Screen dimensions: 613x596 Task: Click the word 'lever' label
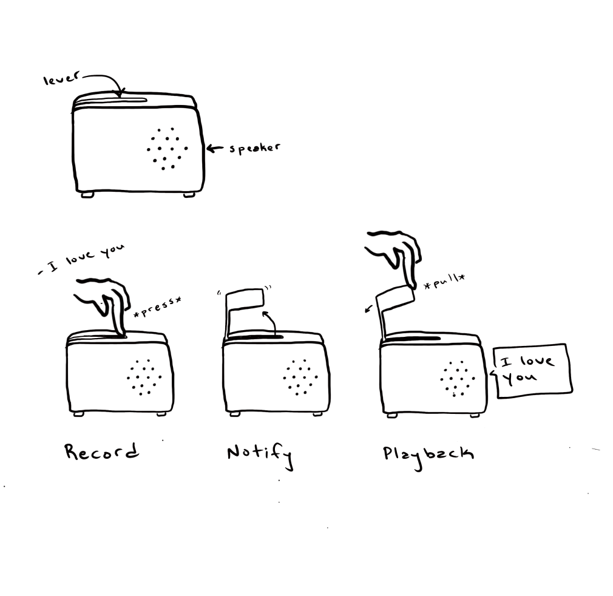click(61, 78)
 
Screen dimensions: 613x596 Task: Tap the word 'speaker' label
click(254, 148)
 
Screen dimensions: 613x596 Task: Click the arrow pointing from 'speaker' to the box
click(215, 149)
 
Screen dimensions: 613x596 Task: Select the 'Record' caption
click(101, 452)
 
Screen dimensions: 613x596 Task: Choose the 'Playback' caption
click(428, 456)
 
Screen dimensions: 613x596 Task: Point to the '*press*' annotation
click(158, 306)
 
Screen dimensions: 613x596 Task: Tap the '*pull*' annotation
click(444, 281)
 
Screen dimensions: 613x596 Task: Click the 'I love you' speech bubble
click(532, 370)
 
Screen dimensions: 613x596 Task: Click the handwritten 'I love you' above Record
click(82, 259)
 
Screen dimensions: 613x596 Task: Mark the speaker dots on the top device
click(167, 149)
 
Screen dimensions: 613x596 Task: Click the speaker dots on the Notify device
click(300, 377)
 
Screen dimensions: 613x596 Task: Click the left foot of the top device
click(87, 194)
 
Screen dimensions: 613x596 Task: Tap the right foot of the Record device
click(161, 413)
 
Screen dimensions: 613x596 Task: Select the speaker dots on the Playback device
click(457, 378)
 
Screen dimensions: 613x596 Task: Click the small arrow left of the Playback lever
click(368, 309)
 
